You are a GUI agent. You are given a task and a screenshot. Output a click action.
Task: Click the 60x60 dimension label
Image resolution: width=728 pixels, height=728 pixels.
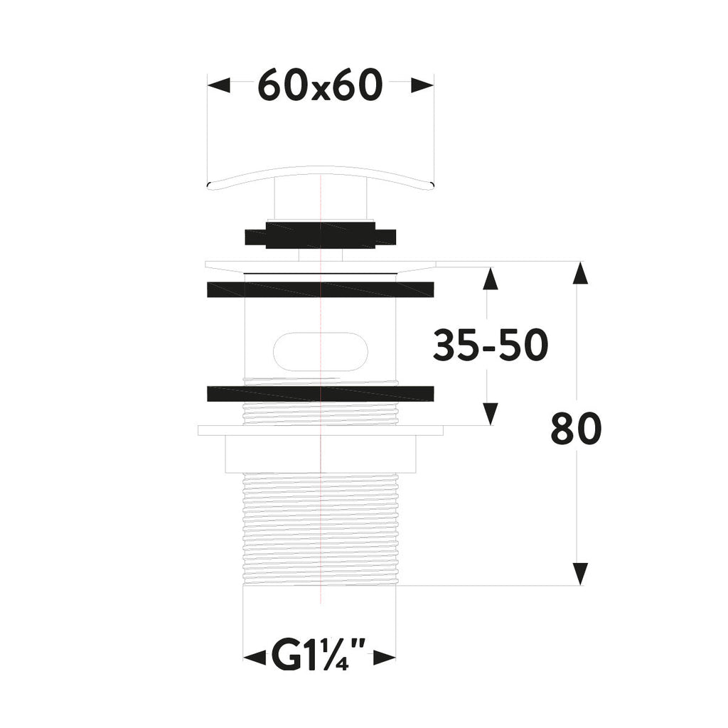[x=320, y=86]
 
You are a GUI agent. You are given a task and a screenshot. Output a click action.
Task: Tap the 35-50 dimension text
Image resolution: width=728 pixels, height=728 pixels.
[x=491, y=346]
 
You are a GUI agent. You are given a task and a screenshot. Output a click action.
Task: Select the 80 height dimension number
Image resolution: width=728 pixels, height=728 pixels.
[x=576, y=429]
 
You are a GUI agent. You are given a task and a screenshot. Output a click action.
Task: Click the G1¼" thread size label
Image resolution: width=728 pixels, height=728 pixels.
[x=319, y=657]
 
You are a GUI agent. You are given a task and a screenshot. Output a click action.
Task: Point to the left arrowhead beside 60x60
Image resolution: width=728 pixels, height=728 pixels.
[x=220, y=85]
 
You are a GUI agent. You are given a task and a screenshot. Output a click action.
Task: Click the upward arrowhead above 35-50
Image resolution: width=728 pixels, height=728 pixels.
[x=489, y=279]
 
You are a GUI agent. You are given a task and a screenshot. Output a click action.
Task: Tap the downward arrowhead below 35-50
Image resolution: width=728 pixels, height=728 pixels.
[x=489, y=413]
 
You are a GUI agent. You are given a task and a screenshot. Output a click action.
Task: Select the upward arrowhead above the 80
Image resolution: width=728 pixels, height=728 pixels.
[x=580, y=274]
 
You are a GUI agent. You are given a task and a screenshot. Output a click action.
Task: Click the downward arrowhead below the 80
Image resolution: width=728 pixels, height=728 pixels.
[x=580, y=573]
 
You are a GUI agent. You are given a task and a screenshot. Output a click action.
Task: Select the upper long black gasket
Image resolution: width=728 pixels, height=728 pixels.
[x=320, y=289]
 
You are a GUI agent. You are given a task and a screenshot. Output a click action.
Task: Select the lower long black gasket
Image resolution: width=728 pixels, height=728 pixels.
[x=320, y=393]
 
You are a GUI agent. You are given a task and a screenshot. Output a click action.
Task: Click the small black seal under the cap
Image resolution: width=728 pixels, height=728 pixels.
[x=320, y=235]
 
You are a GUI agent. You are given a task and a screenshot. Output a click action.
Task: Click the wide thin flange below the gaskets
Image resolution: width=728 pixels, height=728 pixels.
[x=320, y=430]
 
